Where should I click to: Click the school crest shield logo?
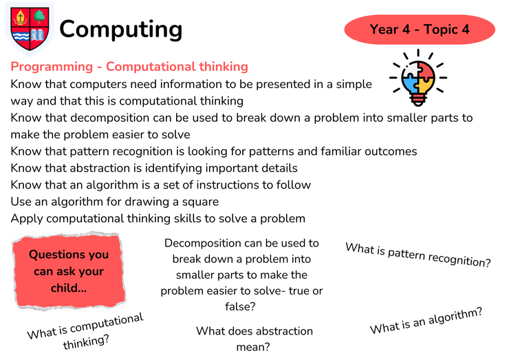click(x=30, y=29)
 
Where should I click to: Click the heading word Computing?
click(x=121, y=29)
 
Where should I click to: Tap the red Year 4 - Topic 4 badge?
click(x=420, y=29)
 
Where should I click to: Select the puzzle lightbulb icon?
click(x=418, y=78)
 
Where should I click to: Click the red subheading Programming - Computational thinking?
click(x=129, y=67)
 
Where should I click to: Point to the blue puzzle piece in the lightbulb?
click(x=410, y=85)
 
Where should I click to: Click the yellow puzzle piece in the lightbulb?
click(x=426, y=85)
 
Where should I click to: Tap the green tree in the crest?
click(x=39, y=17)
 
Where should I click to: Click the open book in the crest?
click(x=38, y=35)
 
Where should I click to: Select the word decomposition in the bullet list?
click(x=110, y=118)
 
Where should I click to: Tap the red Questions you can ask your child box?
click(x=69, y=271)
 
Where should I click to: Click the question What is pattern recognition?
click(x=418, y=255)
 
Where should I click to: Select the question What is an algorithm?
click(x=426, y=320)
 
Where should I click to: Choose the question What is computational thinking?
click(x=86, y=331)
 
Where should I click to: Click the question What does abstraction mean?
click(x=254, y=339)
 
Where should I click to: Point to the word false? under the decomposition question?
click(x=240, y=306)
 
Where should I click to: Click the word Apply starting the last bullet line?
click(x=27, y=219)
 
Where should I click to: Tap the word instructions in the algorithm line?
click(x=228, y=185)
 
